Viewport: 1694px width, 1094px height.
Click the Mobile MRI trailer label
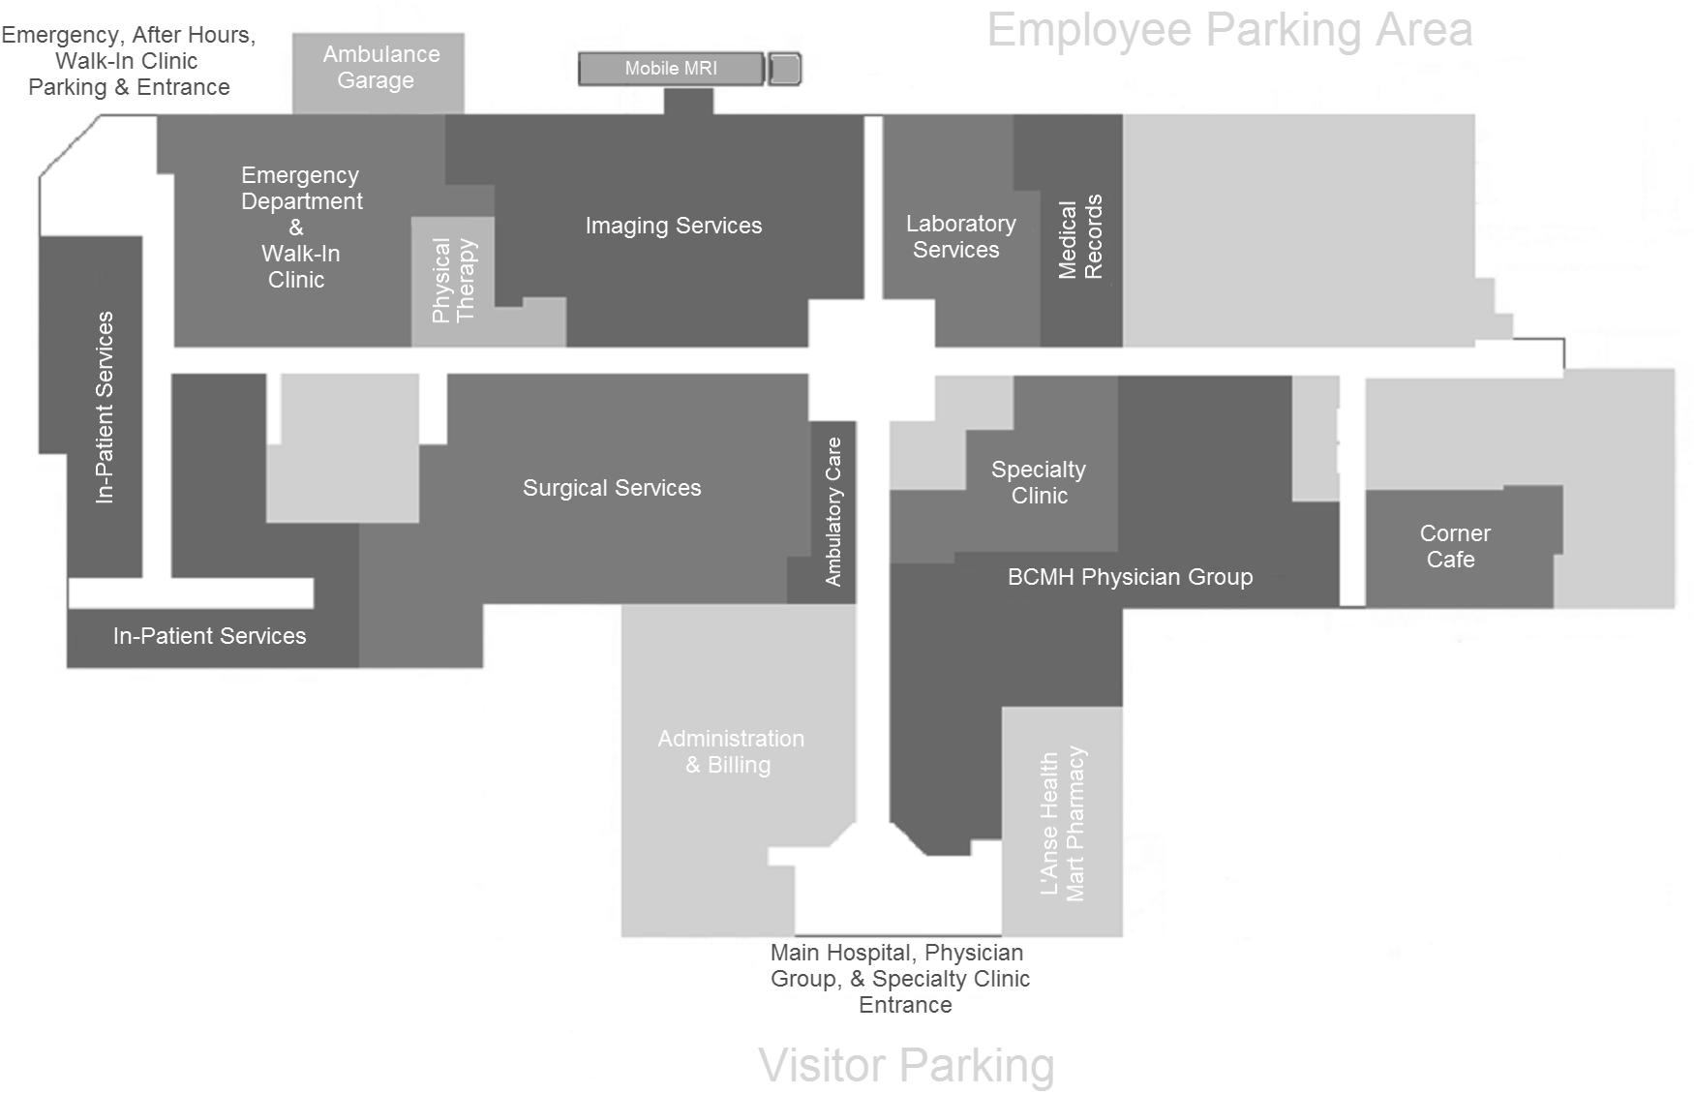pos(671,69)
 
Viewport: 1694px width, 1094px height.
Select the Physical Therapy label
pos(453,280)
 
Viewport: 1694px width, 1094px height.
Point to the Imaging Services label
pos(674,226)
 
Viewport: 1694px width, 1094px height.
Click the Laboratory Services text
pos(960,236)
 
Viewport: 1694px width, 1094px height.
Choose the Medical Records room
pos(1080,236)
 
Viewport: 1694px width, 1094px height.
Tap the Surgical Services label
pos(612,488)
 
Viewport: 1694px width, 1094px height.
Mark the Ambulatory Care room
pos(832,511)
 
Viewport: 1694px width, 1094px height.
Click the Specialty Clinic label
pos(1039,482)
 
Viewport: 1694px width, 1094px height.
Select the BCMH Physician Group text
pos(1130,577)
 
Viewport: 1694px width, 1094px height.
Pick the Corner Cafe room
pos(1454,547)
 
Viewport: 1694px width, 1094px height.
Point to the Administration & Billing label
pos(731,751)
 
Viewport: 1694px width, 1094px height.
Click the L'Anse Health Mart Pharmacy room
pos(1063,823)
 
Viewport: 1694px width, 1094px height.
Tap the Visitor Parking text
pos(906,1065)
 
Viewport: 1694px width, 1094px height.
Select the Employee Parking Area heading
pos(1229,30)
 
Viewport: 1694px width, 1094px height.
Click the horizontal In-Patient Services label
pos(209,636)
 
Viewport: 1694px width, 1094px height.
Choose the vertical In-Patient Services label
pos(105,407)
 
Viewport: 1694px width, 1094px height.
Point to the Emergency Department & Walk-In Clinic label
pos(300,228)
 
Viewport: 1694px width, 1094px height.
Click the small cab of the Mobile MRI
pos(784,69)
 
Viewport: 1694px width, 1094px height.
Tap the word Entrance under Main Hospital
pos(905,1005)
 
